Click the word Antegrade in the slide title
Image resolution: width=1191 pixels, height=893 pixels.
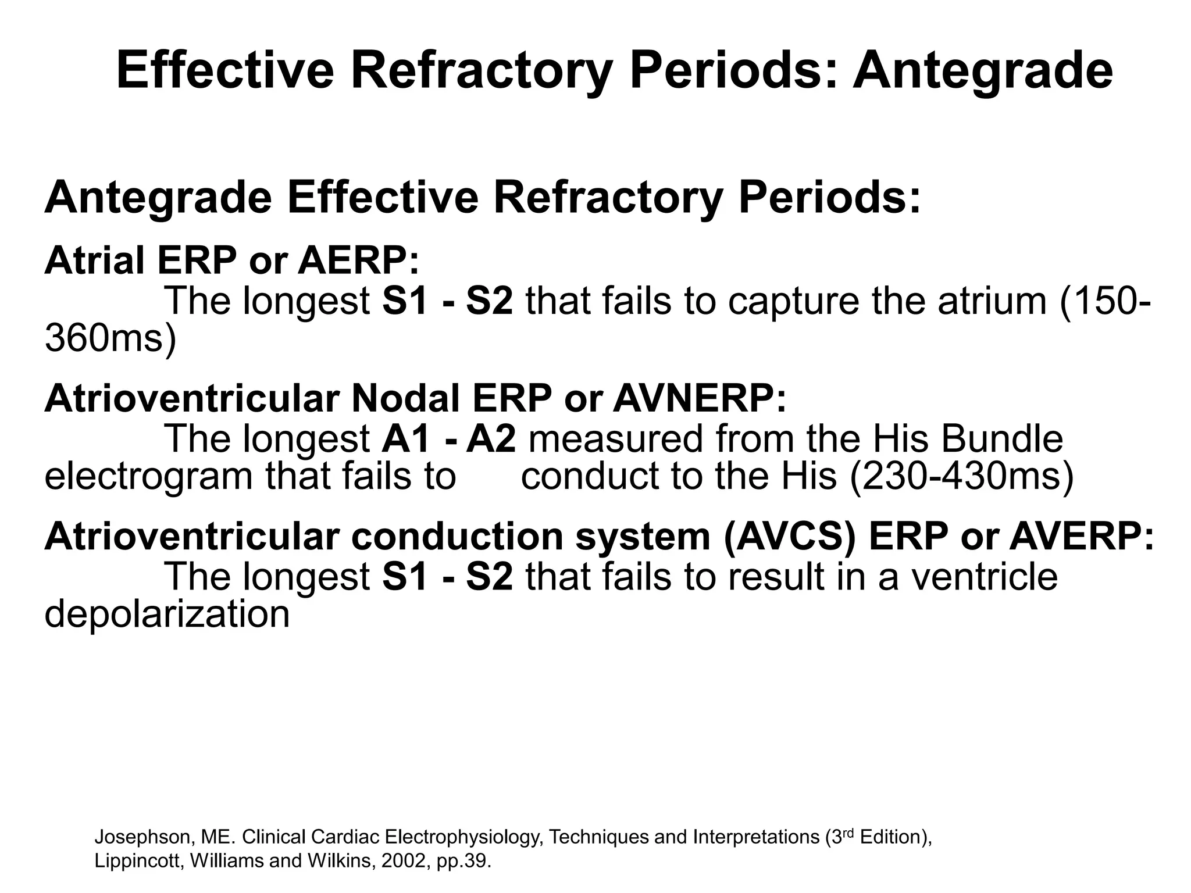982,71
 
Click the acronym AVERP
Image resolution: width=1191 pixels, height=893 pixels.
1082,536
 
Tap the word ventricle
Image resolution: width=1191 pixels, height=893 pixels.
983,576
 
